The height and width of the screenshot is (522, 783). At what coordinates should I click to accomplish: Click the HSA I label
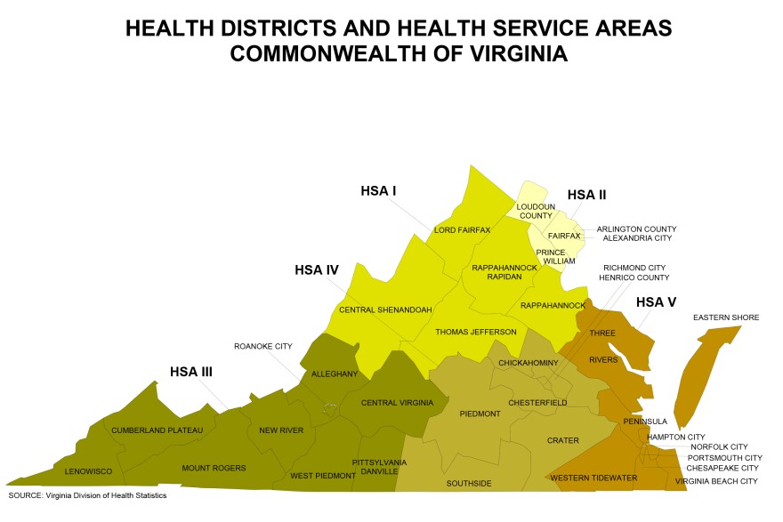[x=378, y=190]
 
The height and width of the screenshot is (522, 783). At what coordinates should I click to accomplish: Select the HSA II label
[x=586, y=195]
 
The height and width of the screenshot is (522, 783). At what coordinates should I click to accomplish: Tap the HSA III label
[x=191, y=371]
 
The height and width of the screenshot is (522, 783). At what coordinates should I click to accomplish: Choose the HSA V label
[x=656, y=302]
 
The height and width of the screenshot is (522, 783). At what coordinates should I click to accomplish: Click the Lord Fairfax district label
[x=462, y=230]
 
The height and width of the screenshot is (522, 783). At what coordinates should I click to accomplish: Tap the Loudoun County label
[x=535, y=210]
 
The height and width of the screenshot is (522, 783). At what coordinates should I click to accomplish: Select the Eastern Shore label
[x=726, y=317]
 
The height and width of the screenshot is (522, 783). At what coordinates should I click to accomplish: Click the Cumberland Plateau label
[x=157, y=430]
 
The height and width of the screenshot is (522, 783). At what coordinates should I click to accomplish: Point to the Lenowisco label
[x=83, y=470]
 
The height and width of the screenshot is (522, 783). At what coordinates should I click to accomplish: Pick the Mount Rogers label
[x=214, y=468]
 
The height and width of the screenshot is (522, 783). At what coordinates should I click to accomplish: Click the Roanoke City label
[x=263, y=346]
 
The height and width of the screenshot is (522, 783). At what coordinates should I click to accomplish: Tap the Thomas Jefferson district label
[x=475, y=332]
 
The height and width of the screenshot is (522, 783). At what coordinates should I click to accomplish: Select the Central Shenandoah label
[x=385, y=309]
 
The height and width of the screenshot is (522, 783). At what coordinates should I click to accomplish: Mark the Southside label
[x=468, y=485]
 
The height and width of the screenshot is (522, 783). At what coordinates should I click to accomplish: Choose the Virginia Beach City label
[x=716, y=481]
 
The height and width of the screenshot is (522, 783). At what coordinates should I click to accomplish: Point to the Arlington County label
[x=636, y=229]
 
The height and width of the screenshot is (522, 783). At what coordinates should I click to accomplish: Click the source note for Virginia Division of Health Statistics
[x=87, y=495]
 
